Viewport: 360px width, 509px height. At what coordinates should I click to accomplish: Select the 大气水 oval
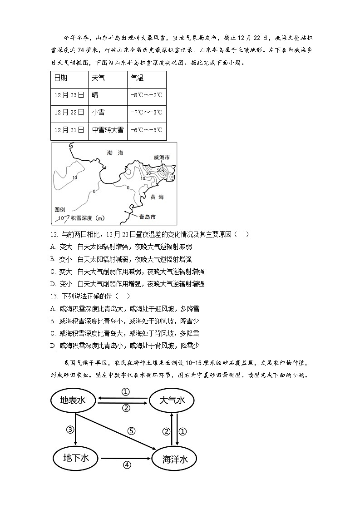pos(172,400)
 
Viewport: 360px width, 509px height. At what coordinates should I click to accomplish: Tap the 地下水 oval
pos(75,458)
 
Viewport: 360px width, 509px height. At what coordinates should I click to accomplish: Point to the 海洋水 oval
pos(175,459)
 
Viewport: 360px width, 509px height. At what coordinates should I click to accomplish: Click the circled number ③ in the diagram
pos(70,430)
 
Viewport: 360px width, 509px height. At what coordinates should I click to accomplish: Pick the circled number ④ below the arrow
pos(127,465)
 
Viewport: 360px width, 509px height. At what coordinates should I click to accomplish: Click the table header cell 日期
pos(60,78)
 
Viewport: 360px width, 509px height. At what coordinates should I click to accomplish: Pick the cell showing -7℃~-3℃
pos(146,112)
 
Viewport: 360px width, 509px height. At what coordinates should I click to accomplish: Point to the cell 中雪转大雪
pos(108,129)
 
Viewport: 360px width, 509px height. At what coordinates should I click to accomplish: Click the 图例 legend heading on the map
pos(60,210)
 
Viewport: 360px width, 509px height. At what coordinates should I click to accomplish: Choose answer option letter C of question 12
pos(54,272)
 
